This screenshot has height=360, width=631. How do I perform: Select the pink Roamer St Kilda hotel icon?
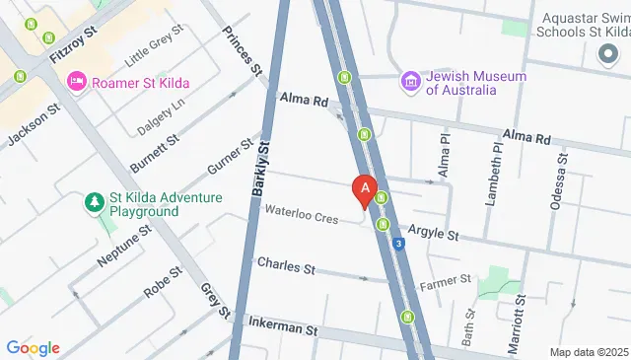pyautogui.click(x=77, y=82)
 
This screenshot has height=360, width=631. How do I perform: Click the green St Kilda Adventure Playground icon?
pyautogui.click(x=95, y=203)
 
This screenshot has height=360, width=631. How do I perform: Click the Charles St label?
pyautogui.click(x=285, y=266)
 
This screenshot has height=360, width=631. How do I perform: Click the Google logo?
pyautogui.click(x=33, y=347)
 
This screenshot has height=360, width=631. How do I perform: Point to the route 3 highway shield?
pyautogui.click(x=398, y=244)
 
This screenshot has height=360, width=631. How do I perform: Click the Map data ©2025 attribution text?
pyautogui.click(x=589, y=352)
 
